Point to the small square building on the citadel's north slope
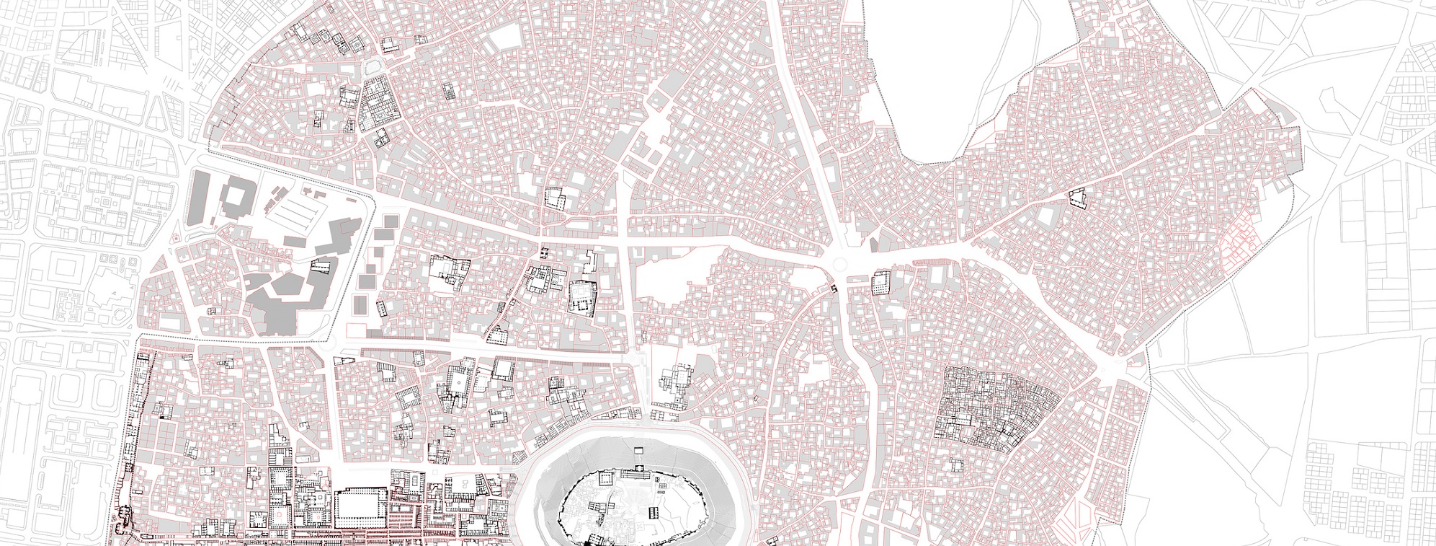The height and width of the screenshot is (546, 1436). [x=638, y=450]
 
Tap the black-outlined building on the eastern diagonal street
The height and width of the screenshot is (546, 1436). [x=1078, y=197]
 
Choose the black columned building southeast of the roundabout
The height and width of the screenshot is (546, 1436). [x=881, y=283]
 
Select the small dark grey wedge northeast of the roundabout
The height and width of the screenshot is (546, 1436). [x=875, y=245]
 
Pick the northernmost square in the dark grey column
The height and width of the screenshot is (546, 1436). [x=390, y=220]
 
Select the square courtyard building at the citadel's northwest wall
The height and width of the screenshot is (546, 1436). [x=605, y=479]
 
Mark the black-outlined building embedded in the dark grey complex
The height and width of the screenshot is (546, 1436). [x=319, y=267]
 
